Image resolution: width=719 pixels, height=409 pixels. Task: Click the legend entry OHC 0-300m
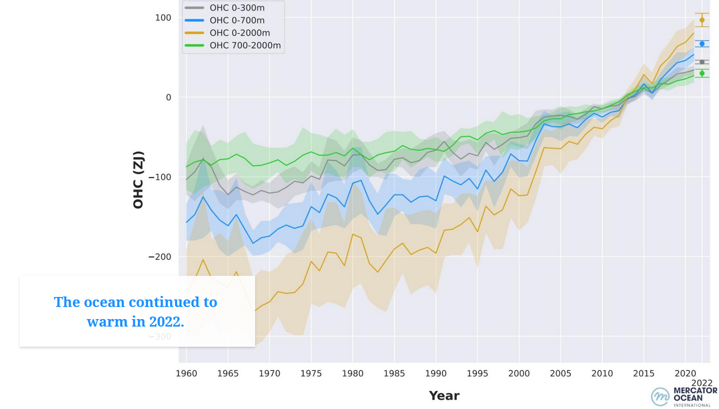[x=236, y=8]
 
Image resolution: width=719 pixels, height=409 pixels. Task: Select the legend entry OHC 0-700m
[x=236, y=21]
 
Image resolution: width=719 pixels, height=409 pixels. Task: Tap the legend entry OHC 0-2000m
[x=239, y=33]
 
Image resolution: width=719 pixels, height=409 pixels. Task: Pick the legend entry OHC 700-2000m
[x=245, y=46]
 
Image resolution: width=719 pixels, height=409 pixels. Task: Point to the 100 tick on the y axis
[x=163, y=18]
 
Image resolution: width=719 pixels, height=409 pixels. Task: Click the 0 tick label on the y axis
[x=169, y=97]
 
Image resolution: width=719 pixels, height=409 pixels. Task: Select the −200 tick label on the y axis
[x=160, y=257]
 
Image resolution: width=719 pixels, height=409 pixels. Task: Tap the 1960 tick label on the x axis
[x=186, y=374]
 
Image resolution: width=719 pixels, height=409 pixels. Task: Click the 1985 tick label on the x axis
[x=394, y=374]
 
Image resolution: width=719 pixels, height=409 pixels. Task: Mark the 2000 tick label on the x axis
[x=519, y=374]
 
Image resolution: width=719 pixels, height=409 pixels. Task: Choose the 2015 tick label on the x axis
[x=644, y=374]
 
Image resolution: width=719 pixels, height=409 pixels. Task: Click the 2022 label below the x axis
[x=702, y=383]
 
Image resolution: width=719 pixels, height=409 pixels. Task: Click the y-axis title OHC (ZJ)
[x=138, y=180]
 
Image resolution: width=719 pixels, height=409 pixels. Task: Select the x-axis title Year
[x=444, y=396]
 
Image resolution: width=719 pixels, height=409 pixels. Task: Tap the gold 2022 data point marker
[x=702, y=20]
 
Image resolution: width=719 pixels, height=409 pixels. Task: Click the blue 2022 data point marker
[x=702, y=44]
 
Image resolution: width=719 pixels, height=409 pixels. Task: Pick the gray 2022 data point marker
[x=702, y=62]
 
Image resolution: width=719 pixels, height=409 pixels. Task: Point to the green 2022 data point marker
[x=702, y=73]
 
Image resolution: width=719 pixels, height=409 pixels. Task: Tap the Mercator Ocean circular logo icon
[x=660, y=396]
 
